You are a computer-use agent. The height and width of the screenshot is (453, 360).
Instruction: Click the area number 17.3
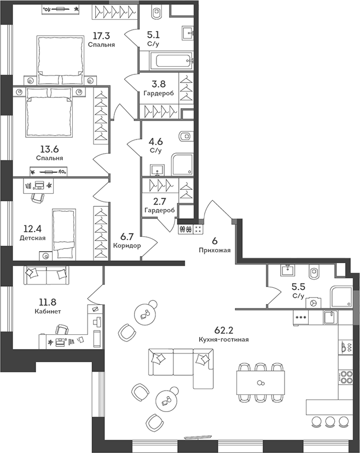coord(101,36)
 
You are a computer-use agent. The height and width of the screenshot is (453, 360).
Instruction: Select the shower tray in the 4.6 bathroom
coord(182,164)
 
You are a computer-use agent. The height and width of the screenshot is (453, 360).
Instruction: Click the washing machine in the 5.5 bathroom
coord(314,303)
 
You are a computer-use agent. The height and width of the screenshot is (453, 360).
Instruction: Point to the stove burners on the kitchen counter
coord(346,377)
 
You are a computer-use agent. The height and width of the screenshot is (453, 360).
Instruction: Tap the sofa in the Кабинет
coord(45,275)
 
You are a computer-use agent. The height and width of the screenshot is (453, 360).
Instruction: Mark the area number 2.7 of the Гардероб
coord(159,201)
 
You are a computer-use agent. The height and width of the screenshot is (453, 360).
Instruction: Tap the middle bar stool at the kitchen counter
coord(330,421)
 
